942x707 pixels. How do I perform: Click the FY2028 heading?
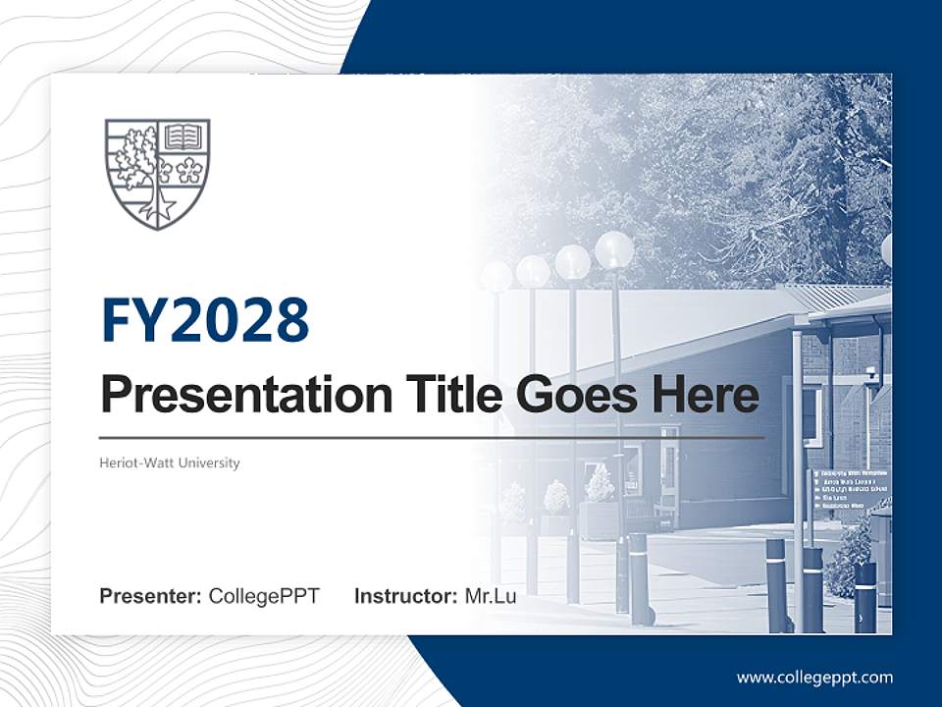(x=205, y=321)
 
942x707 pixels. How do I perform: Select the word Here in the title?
(x=704, y=395)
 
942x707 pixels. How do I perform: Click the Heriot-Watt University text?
(x=170, y=462)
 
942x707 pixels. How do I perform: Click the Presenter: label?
(x=151, y=596)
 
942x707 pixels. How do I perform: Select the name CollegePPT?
(x=264, y=596)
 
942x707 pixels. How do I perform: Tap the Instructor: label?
(x=405, y=596)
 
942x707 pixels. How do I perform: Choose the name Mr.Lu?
(x=491, y=596)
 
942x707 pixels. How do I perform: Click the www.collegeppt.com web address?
(x=814, y=678)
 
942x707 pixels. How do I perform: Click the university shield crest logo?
(x=157, y=173)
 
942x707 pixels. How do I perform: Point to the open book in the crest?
(x=183, y=136)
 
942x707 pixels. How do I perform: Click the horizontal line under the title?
(x=432, y=437)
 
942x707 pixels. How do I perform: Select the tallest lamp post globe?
(x=614, y=250)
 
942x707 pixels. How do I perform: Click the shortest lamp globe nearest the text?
(x=497, y=276)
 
